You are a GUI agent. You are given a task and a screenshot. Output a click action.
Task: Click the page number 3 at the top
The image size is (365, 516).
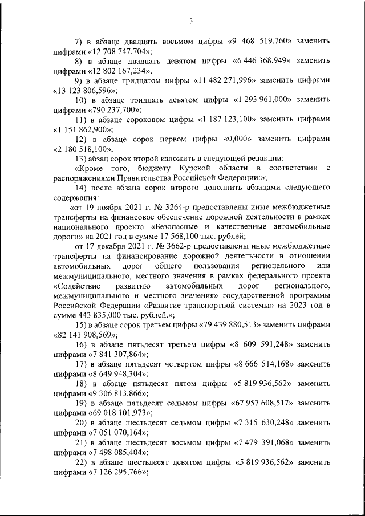pos(191,22)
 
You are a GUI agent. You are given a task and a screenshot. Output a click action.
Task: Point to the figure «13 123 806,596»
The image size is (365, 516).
pos(84,90)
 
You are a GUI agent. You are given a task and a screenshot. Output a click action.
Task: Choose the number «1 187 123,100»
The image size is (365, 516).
pos(227,119)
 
